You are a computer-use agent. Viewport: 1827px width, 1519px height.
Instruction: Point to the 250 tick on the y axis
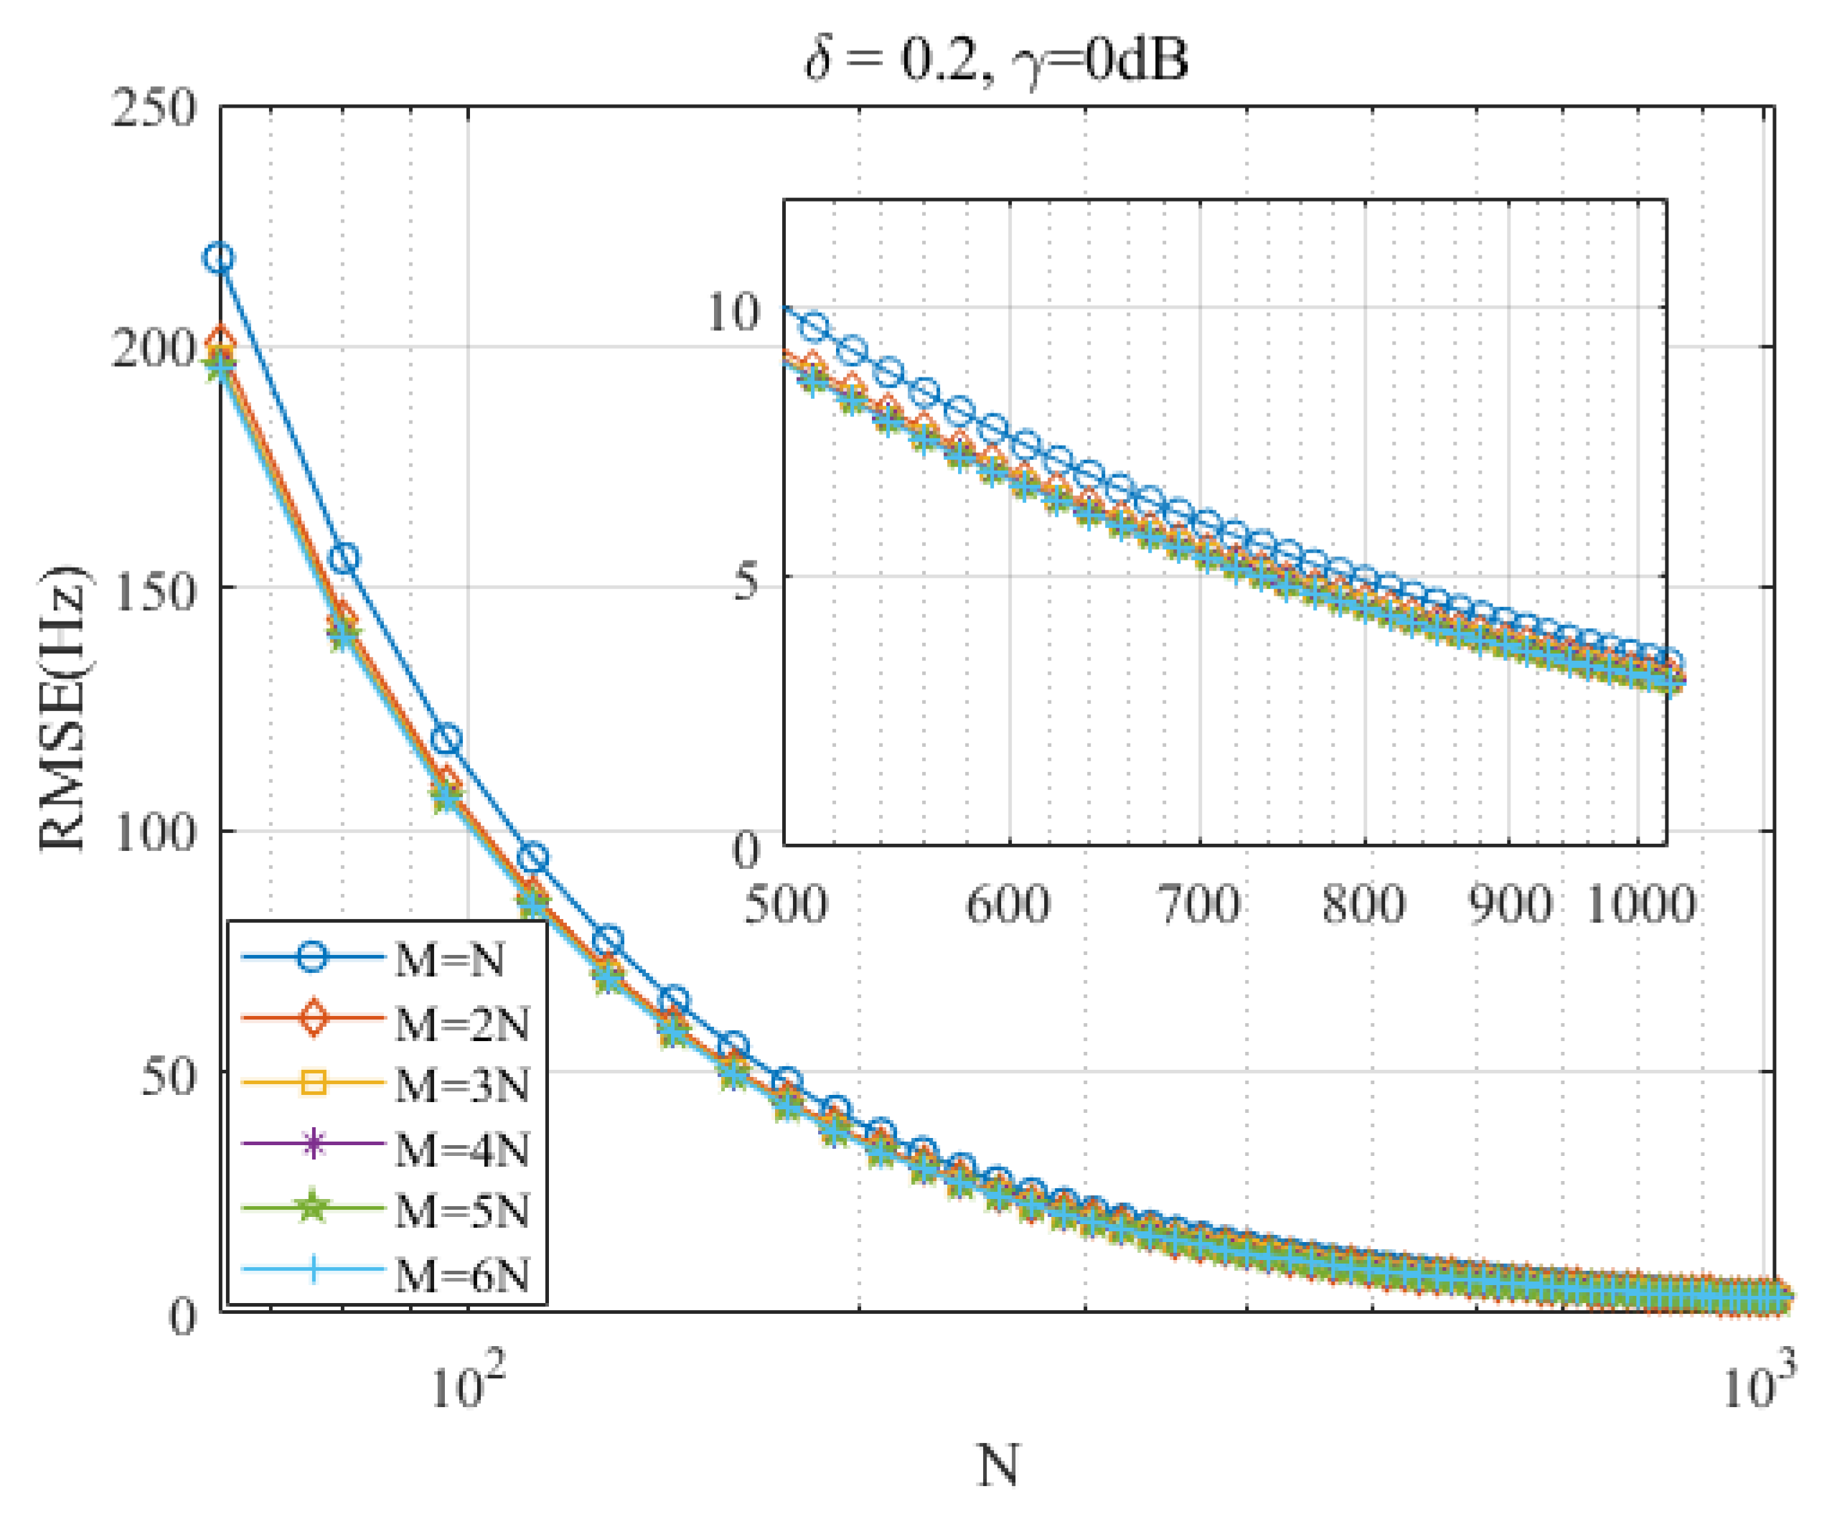154,110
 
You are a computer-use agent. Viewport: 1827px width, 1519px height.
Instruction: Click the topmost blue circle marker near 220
220,258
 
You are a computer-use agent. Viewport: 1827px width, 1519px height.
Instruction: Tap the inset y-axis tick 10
733,311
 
